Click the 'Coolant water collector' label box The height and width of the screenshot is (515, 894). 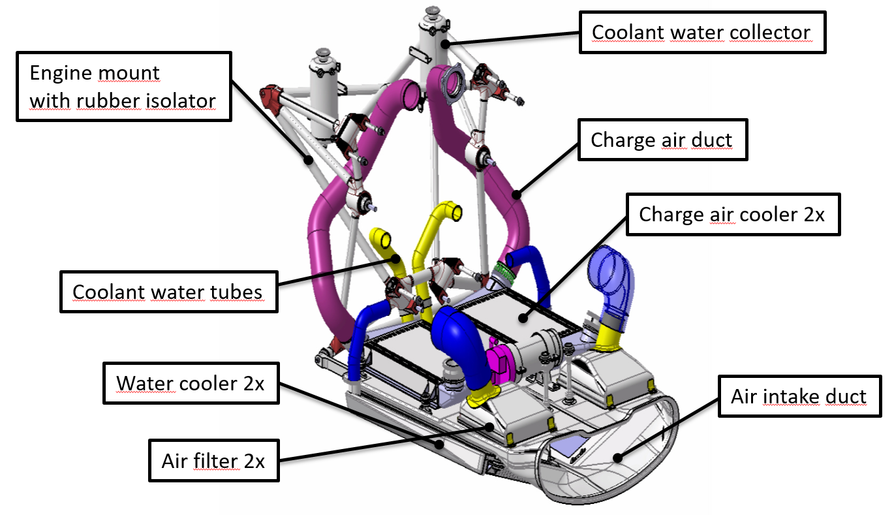pos(702,32)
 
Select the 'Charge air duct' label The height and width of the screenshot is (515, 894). pos(662,140)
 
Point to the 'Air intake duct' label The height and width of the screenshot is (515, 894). pos(799,396)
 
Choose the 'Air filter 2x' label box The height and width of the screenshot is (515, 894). pos(213,461)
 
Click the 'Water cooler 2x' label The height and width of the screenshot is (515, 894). pos(190,383)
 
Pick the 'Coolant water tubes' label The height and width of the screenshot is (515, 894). pos(168,291)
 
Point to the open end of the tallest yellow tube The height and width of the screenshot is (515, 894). pos(454,212)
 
